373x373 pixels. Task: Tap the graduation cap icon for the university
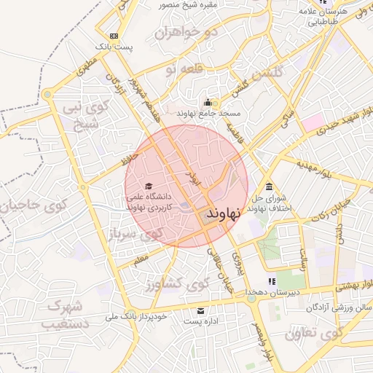tap(149, 186)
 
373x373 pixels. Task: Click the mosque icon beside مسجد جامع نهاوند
tap(208, 102)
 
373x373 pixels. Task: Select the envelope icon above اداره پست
tap(200, 311)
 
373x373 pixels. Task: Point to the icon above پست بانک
tap(114, 36)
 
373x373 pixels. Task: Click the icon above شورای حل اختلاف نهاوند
tap(270, 185)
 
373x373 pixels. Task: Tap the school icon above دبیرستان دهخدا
tap(272, 280)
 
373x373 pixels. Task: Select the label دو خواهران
tap(187, 34)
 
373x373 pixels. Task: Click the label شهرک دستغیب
tap(61, 313)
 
